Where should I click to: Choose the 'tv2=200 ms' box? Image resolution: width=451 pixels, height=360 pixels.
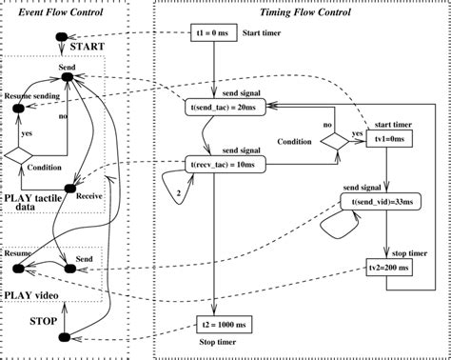(x=386, y=269)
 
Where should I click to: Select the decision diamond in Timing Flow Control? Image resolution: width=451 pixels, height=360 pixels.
(x=334, y=140)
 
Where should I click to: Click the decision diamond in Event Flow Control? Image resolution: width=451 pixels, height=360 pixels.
(x=19, y=153)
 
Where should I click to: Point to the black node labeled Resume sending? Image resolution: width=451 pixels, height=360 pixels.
(x=17, y=110)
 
